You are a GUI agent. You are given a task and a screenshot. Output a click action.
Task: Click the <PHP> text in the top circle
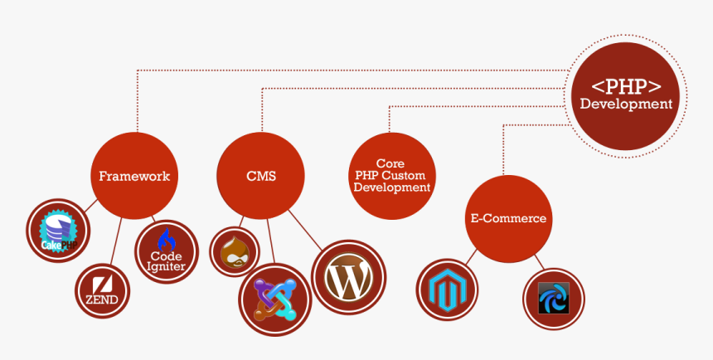pyautogui.click(x=625, y=86)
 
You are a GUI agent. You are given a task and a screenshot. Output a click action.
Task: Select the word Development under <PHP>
pyautogui.click(x=625, y=105)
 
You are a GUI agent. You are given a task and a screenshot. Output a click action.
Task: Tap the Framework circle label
pyautogui.click(x=134, y=176)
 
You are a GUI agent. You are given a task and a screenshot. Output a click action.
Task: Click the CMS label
pyautogui.click(x=261, y=176)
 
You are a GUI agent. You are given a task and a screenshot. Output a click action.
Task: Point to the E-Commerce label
pyautogui.click(x=508, y=218)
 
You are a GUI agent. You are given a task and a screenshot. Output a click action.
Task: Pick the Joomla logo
pyautogui.click(x=274, y=299)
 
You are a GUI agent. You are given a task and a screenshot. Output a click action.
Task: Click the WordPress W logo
pyautogui.click(x=348, y=276)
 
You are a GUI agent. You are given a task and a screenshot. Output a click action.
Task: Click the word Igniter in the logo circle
pyautogui.click(x=167, y=266)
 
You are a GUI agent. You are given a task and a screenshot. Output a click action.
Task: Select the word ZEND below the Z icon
pyautogui.click(x=102, y=299)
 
